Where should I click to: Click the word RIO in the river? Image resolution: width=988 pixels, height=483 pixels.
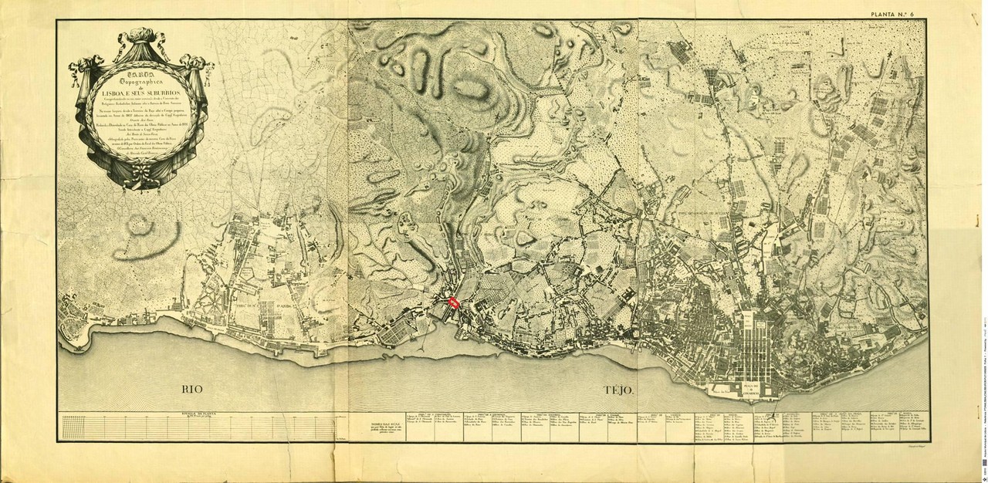click(196, 389)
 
